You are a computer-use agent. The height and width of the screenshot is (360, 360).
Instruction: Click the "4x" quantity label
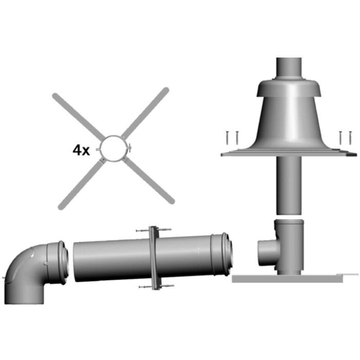(81, 150)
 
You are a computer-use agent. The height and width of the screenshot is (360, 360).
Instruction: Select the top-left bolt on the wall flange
(141, 231)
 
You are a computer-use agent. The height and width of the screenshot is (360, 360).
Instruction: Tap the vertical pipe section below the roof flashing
(288, 184)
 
